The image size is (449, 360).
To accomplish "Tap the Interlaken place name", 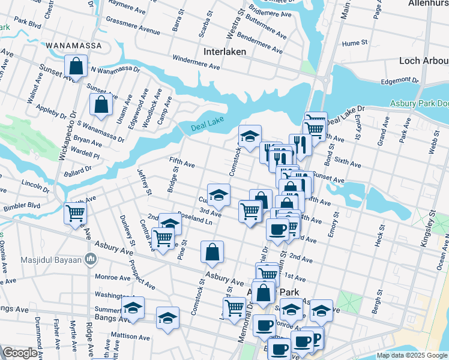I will (225, 52).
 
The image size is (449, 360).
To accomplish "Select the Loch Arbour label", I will (424, 61).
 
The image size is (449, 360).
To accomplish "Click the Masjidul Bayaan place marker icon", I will (91, 259).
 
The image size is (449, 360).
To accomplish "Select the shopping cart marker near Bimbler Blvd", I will (76, 212).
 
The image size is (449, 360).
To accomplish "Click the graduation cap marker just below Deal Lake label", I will (250, 136).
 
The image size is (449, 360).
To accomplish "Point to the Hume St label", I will (354, 43).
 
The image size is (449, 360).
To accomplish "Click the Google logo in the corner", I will (20, 353).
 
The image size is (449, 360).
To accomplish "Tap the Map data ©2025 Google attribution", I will (412, 355).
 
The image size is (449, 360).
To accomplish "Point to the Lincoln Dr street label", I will (35, 182).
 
